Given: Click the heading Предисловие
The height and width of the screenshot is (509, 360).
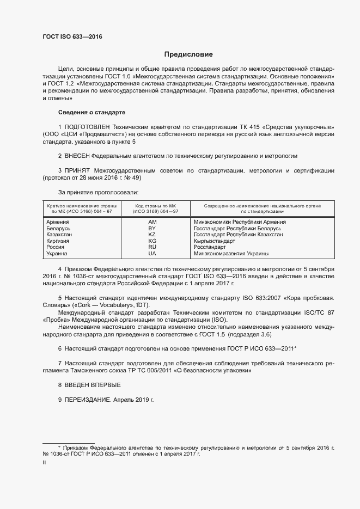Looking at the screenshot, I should coord(188,54).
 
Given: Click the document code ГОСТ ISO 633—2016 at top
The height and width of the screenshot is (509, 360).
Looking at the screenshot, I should coord(72,38).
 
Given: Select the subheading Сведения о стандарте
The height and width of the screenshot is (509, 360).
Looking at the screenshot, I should coord(91,112).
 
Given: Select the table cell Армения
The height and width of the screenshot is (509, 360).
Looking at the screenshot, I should coord(57,222).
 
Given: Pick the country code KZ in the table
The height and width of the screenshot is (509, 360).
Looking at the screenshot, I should coord(152,235).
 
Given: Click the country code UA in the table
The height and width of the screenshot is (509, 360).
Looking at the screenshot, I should coord(152,254).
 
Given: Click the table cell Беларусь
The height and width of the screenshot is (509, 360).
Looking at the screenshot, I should coord(58,229).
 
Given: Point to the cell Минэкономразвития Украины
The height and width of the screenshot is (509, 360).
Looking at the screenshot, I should coord(231,254).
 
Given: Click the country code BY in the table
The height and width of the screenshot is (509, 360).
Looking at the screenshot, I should coord(152,229).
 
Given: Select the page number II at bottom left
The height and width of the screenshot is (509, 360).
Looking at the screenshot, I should coord(44,463).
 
